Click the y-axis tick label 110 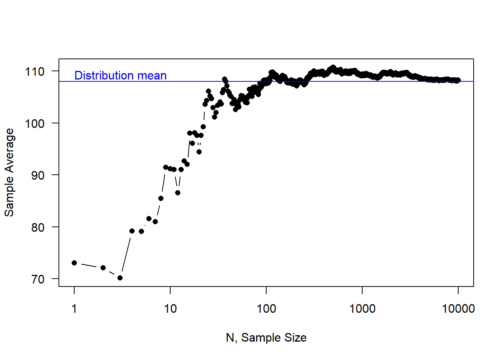[34, 71]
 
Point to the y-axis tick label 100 [34, 123]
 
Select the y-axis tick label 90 [37, 175]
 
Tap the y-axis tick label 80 [37, 227]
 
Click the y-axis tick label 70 [37, 279]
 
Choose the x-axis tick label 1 [74, 309]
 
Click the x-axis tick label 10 [170, 309]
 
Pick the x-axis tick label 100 [266, 309]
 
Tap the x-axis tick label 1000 [362, 309]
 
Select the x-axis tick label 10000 [458, 309]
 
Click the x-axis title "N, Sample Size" [266, 337]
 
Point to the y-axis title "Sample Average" [9, 172]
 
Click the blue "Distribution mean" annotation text [120, 75]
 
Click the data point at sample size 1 [74, 263]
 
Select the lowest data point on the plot [120, 278]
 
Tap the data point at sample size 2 [103, 268]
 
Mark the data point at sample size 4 [132, 231]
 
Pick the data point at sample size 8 [161, 198]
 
